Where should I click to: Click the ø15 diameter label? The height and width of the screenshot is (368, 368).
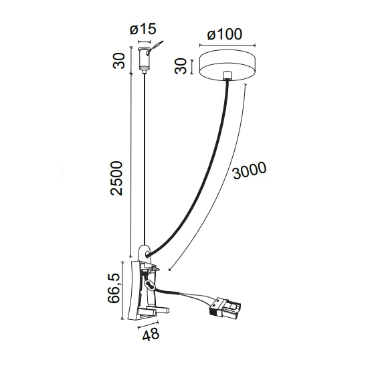coord(143,29)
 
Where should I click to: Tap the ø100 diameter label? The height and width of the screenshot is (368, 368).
coord(225,34)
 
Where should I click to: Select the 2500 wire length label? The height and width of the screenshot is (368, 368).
coord(116,178)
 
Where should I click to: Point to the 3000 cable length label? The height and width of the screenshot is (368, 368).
coord(250,170)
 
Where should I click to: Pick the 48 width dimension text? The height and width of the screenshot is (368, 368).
coord(151,334)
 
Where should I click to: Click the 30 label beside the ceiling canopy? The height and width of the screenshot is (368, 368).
coord(181,67)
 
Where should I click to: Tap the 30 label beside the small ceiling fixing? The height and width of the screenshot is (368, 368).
coord(118,61)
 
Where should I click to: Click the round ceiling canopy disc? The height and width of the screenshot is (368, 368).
coord(227,66)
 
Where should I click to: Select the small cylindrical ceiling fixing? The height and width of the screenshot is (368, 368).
coord(144,59)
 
